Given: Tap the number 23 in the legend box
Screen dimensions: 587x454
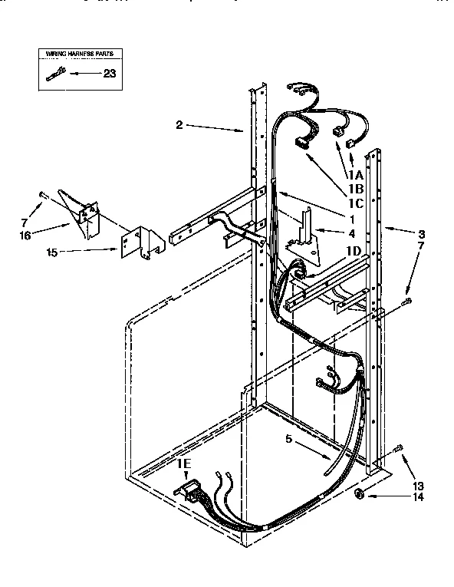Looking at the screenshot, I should (x=109, y=74).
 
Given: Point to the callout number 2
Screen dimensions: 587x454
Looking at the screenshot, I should (x=179, y=124).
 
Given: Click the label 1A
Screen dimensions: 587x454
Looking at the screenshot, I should (x=355, y=174).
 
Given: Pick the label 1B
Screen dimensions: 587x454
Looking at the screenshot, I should (x=355, y=188).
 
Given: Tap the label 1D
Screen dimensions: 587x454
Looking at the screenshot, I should (x=354, y=251).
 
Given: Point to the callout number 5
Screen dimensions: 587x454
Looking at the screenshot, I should (x=289, y=440).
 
